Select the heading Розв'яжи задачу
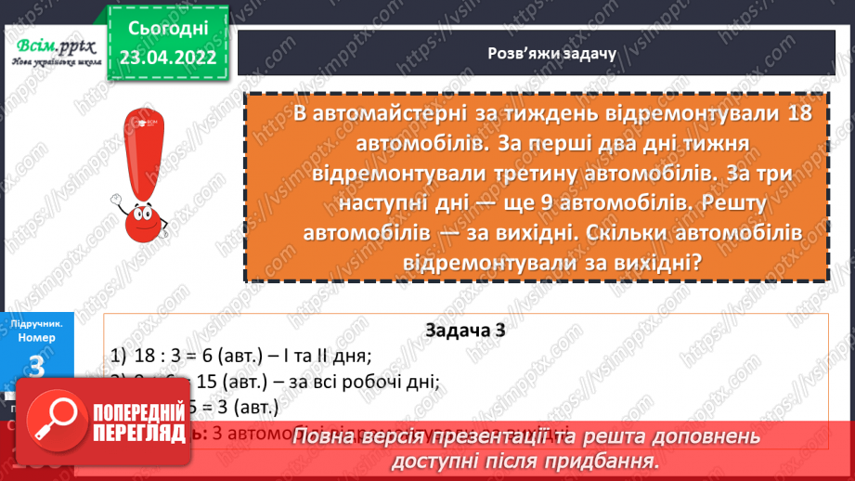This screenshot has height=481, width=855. (538, 54)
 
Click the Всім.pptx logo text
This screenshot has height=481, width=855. (52, 45)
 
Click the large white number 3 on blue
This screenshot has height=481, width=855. (37, 368)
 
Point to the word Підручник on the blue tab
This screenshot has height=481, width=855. (36, 324)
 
